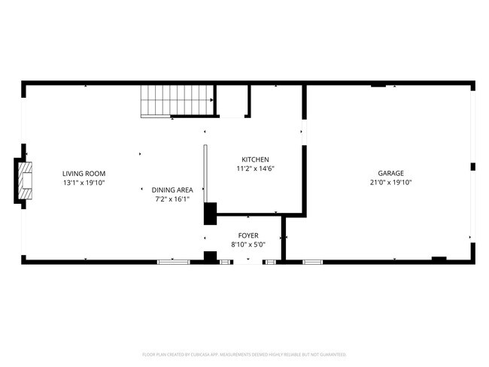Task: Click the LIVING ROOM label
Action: (x=84, y=173)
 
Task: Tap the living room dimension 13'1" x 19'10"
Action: (x=84, y=183)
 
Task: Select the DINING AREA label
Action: (x=172, y=190)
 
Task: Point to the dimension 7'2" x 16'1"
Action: (x=172, y=199)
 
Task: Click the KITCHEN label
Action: (x=255, y=159)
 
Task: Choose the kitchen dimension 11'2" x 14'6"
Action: (x=255, y=169)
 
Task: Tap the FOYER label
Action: (x=248, y=235)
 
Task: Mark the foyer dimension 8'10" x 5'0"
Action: (x=248, y=245)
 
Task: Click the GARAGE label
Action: (x=390, y=173)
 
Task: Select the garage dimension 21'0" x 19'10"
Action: (x=390, y=183)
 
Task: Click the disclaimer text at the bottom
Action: (x=244, y=353)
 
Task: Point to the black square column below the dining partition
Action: (x=211, y=213)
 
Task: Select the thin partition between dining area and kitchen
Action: (x=205, y=173)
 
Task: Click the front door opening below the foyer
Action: (x=248, y=262)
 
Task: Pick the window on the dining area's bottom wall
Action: (x=172, y=261)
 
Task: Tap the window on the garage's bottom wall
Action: (x=312, y=261)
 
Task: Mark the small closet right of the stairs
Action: (x=232, y=101)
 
